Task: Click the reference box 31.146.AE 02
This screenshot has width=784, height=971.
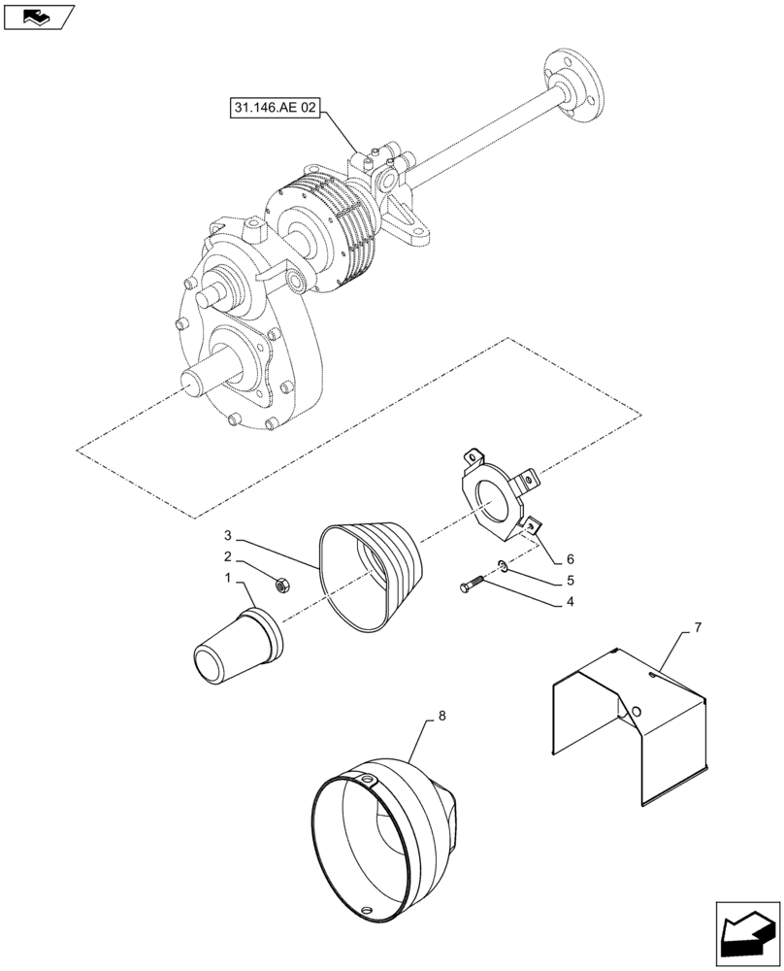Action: (x=275, y=109)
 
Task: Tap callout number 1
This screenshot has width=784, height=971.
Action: (x=228, y=579)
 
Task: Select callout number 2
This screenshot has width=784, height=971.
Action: (x=228, y=556)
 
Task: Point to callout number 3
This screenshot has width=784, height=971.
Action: (x=228, y=535)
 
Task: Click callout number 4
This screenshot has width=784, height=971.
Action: (x=571, y=602)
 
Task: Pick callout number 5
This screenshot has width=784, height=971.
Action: (x=571, y=581)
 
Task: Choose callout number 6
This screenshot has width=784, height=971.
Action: (x=571, y=559)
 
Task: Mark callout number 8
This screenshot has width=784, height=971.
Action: (x=441, y=716)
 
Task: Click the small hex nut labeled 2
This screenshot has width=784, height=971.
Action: (x=284, y=585)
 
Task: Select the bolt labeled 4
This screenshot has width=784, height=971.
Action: (x=471, y=586)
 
